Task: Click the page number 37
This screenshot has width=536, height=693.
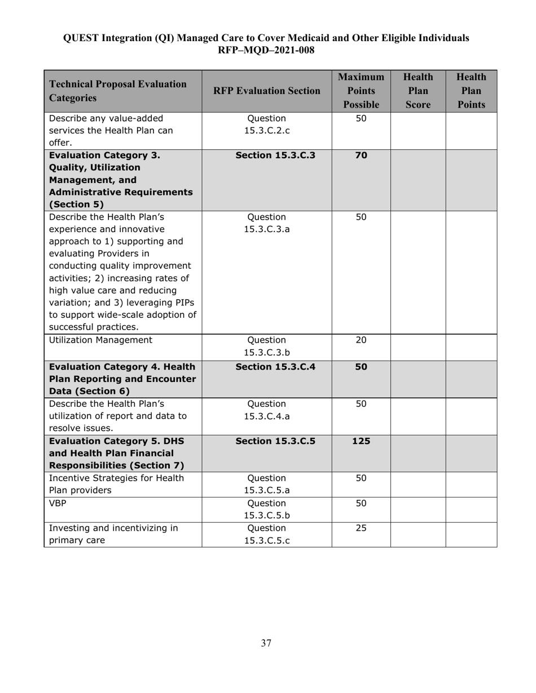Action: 266,643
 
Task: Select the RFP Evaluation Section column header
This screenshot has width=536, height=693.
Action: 266,91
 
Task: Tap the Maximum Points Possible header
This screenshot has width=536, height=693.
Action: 361,91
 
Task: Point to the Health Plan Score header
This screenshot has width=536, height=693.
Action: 418,91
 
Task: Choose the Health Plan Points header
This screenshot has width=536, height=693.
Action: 471,91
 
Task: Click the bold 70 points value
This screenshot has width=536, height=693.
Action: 361,156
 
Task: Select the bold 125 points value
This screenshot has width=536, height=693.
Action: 361,441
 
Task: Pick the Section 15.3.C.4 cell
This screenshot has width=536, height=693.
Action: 275,367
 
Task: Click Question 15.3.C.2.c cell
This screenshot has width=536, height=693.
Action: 266,125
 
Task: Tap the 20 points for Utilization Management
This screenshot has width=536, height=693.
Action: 361,340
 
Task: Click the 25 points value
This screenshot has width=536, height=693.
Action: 361,528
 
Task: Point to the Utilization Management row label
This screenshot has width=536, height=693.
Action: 100,340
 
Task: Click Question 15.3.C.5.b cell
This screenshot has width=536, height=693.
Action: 266,509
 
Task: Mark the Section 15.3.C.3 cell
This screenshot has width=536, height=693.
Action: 275,156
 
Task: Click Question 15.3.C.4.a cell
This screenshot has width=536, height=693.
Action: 266,410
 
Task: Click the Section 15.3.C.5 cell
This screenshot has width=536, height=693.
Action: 275,441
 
